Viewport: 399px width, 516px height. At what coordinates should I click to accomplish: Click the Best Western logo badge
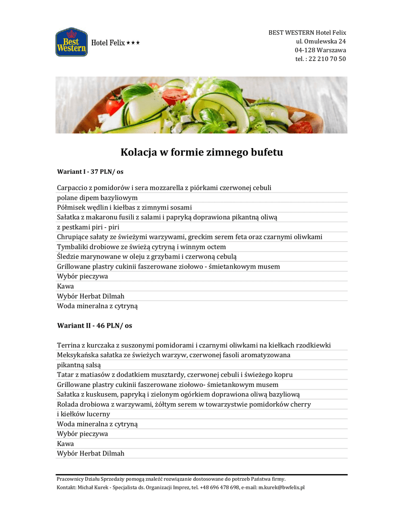[x=71, y=42]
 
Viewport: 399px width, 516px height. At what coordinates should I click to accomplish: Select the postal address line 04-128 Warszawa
[x=320, y=50]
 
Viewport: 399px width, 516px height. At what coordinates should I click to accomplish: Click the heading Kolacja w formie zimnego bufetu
[x=201, y=152]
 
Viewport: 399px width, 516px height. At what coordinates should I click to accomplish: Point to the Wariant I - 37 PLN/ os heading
[x=90, y=172]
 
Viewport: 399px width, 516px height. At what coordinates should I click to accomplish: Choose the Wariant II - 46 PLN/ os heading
[x=94, y=326]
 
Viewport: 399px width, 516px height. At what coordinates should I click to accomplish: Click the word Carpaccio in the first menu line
[x=72, y=188]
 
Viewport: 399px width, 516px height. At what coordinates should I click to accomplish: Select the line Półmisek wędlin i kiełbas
[x=124, y=208]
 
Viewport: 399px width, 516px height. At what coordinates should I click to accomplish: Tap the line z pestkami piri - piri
[x=88, y=227]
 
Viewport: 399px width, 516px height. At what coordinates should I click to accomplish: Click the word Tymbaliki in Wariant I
[x=74, y=247]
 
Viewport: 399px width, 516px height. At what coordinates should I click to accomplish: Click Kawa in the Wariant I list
[x=65, y=286]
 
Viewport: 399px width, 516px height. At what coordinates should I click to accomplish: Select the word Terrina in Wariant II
[x=69, y=345]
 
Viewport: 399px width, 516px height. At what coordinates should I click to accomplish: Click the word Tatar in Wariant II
[x=66, y=375]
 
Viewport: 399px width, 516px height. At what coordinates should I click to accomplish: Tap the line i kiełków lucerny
[x=83, y=414]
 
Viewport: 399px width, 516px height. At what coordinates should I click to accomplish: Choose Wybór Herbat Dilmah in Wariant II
[x=90, y=454]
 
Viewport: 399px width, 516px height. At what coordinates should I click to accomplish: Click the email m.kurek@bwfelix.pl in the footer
[x=281, y=488]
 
